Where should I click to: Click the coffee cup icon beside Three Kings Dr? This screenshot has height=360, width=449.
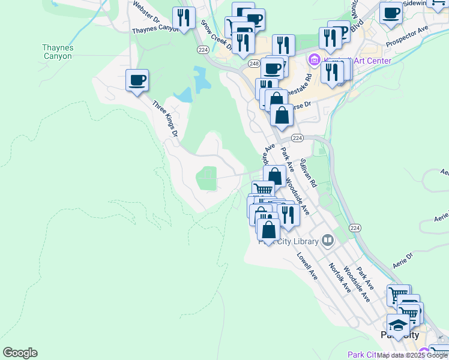[x=137, y=80]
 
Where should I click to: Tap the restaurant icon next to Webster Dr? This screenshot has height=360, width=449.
[x=184, y=17]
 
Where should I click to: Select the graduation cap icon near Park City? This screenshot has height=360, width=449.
[x=397, y=325]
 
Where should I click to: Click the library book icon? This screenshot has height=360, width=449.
[x=328, y=241]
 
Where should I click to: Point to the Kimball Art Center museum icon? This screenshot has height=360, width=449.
[x=313, y=61]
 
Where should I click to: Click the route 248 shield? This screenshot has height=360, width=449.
[x=255, y=63]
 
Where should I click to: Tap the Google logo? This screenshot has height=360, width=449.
[x=20, y=353]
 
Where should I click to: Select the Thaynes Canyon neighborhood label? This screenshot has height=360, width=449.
[x=57, y=52]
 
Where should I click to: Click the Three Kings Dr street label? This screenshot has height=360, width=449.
[x=165, y=118]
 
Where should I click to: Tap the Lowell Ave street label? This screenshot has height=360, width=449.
[x=307, y=266]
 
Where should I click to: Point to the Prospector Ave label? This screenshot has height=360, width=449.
[x=408, y=37]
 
